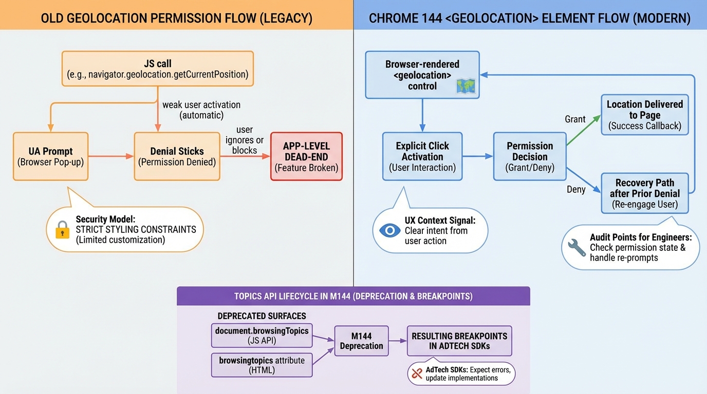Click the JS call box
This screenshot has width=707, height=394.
coord(158,69)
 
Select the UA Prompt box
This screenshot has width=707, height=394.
coord(50,156)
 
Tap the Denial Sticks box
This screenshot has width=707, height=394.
coord(177,156)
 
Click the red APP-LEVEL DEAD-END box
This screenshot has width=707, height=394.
coord(306,156)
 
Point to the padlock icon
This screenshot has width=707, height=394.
coord(62,230)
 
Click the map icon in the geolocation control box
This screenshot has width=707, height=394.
coord(467,86)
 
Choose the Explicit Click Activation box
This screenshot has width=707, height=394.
coord(422,156)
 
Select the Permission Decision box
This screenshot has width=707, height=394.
coord(529,156)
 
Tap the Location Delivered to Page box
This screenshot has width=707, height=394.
coord(644,115)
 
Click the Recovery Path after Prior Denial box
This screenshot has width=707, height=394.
coord(644,193)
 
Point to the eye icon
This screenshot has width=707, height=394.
coord(389,230)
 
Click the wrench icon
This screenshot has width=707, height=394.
coord(576,247)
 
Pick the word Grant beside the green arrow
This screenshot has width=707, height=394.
coord(575,119)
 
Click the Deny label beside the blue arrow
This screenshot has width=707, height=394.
coord(576,189)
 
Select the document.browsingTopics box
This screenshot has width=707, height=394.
coord(262,336)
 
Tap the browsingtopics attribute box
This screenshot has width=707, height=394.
coord(262,365)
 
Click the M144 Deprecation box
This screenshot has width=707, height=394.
coord(361,341)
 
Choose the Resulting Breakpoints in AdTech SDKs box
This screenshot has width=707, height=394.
coord(459,341)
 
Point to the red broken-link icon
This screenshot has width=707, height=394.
coord(416,374)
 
